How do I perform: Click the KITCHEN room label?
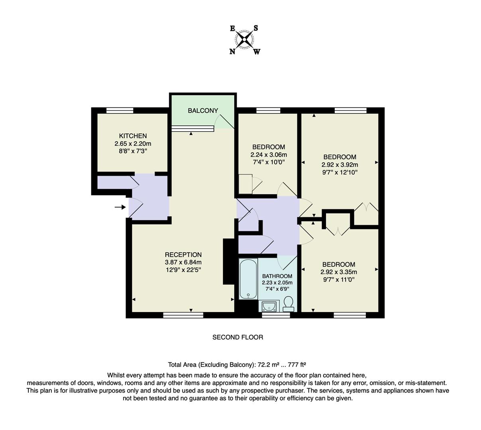(x=133, y=136)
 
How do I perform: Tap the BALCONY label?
(x=203, y=110)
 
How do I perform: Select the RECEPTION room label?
(x=183, y=254)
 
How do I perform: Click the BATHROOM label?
(x=277, y=276)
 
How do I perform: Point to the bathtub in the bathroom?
(x=248, y=279)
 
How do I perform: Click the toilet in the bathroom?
(x=289, y=305)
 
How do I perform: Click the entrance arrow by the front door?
(x=120, y=207)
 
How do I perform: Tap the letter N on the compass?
(x=232, y=51)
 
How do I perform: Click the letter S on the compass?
(x=256, y=28)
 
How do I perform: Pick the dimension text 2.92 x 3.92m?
(x=340, y=164)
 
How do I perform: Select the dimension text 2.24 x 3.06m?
(x=269, y=154)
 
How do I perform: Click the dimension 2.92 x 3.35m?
(x=339, y=272)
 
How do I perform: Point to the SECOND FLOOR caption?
(x=238, y=337)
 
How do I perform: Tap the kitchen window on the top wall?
(x=120, y=110)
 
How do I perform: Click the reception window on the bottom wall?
(x=183, y=315)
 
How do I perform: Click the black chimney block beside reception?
(x=229, y=262)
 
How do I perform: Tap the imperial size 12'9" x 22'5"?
(x=183, y=270)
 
